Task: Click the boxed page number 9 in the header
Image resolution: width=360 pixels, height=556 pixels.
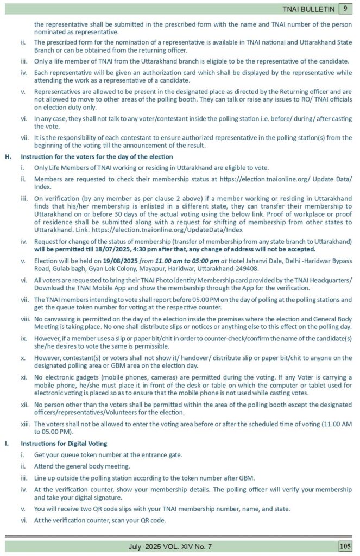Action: click(x=345, y=8)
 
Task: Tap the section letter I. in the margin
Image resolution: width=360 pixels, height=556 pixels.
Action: click(x=8, y=444)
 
